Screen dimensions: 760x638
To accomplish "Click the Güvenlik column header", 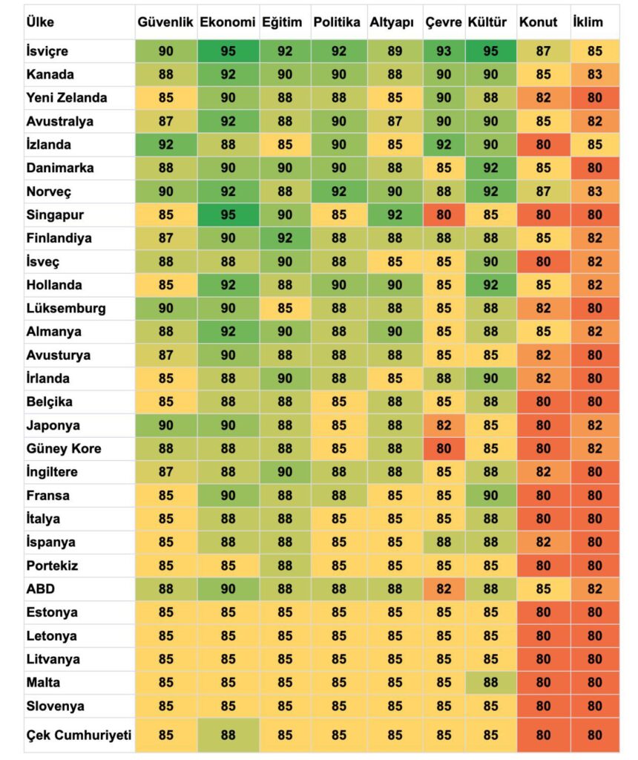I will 165,22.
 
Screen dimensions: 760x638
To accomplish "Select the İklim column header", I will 587,22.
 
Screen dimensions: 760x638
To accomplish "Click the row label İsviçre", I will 47,51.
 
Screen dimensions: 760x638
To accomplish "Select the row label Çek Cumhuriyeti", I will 79,736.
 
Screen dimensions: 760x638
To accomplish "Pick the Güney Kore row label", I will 63,448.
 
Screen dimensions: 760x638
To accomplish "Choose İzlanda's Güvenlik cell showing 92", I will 165,145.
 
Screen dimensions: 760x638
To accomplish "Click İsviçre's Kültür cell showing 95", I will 490,51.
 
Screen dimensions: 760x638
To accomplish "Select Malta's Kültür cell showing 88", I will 490,682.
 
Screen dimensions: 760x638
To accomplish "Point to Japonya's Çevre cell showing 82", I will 444,425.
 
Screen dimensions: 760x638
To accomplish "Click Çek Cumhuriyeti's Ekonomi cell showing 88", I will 228,736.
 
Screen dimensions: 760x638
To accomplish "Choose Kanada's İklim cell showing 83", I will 594,74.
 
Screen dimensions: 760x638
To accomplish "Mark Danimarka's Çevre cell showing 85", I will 444,168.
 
